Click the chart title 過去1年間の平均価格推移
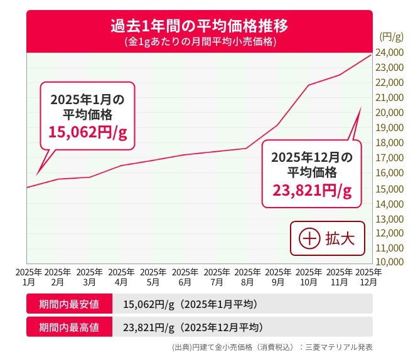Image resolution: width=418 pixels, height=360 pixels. (x=199, y=27)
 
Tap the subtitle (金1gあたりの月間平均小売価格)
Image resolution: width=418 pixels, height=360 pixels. (x=199, y=42)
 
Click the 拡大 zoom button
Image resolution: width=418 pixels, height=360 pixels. (x=327, y=238)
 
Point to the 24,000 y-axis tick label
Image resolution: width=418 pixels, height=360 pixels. (x=389, y=52)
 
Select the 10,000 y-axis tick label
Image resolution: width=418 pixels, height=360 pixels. (x=389, y=262)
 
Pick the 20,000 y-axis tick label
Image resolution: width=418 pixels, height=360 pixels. (x=389, y=113)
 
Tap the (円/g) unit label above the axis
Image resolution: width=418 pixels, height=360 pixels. (x=391, y=37)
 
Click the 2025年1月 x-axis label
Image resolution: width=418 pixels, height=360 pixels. (x=28, y=277)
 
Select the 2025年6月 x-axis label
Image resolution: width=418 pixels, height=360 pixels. (x=185, y=277)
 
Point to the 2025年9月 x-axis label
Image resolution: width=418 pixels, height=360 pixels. (x=278, y=277)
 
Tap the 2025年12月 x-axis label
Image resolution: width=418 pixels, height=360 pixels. (x=368, y=277)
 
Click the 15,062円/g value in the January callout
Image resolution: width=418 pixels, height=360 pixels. (x=88, y=132)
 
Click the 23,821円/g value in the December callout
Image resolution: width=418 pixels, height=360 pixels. (x=312, y=191)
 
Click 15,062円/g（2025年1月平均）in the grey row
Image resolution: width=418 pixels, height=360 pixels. (x=190, y=305)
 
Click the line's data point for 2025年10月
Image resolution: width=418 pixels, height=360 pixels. (x=309, y=85)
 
